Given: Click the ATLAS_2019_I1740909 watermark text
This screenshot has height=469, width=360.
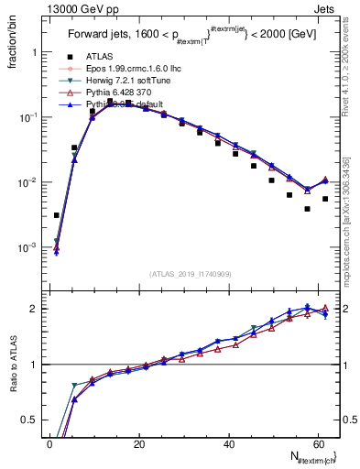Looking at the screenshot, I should coord(191,274).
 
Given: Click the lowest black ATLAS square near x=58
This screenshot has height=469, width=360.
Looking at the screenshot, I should coord(308,209).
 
